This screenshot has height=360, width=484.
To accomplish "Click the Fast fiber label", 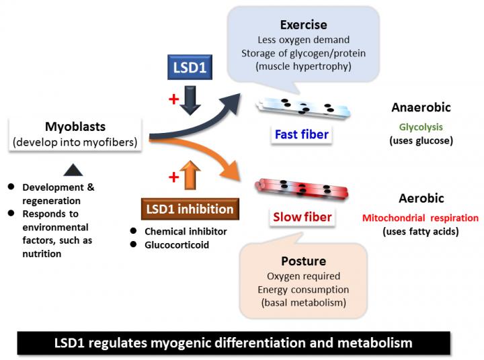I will point(301,134).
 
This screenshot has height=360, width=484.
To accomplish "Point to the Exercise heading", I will point(304,25).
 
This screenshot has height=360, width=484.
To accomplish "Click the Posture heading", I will point(303,260).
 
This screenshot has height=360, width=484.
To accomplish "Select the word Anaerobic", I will point(421,107).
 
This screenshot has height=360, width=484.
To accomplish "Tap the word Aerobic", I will point(421,199).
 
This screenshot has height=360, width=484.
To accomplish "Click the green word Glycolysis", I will point(421,126).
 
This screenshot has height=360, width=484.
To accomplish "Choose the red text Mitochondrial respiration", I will point(421,218).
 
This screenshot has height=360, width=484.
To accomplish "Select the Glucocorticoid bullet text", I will point(177,244).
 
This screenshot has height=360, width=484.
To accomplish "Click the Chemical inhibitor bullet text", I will point(184,231).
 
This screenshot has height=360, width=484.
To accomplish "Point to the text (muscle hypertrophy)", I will point(304,66).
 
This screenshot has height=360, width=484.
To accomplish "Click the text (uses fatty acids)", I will point(421,232).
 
